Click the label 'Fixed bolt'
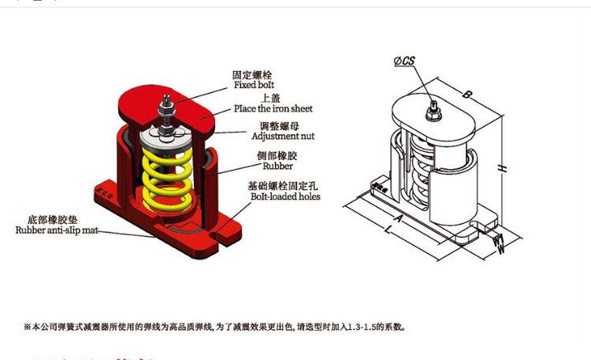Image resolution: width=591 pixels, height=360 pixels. (x=255, y=84)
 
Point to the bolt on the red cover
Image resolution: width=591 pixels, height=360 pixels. (x=169, y=106)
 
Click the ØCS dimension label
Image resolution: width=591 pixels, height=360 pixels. (x=404, y=61)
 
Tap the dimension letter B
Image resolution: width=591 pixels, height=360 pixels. (x=467, y=95)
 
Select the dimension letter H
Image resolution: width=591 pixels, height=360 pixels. (x=503, y=168)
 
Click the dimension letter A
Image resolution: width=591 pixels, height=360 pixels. (x=398, y=216)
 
